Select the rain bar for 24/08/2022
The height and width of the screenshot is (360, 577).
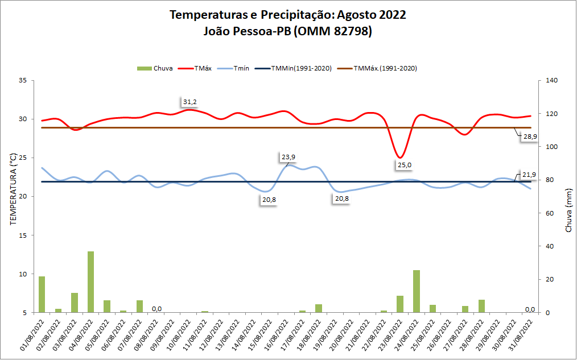tap(417, 291)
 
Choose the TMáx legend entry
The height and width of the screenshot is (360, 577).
tap(196, 68)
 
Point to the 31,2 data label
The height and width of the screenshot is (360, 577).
tap(190, 102)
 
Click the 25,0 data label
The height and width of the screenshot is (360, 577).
tap(405, 165)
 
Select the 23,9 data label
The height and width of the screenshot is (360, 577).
tap(288, 157)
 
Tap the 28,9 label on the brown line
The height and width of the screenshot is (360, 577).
tap(530, 136)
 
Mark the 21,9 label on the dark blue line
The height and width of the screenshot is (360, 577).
tap(529, 174)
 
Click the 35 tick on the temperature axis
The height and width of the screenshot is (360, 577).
tap(23, 81)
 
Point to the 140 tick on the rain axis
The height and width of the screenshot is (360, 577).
tap(551, 81)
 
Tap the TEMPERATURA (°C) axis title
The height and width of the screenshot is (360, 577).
tap(13, 196)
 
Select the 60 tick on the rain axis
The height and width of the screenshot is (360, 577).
tap(550, 213)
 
